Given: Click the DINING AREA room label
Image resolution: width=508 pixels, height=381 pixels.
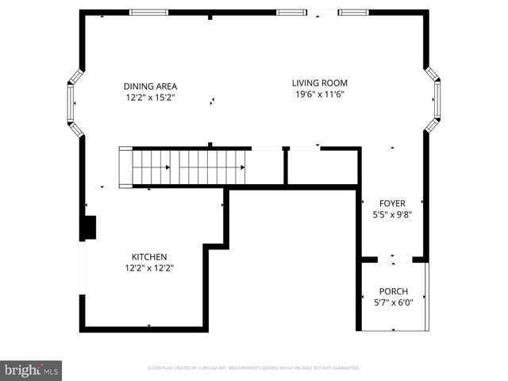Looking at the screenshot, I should (x=150, y=87).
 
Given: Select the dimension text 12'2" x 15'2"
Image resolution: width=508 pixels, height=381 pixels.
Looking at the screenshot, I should (x=150, y=98).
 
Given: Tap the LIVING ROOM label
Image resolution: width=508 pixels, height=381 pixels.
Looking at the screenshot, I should (x=319, y=83).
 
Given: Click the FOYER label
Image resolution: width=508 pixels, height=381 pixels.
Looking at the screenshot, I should (x=392, y=202).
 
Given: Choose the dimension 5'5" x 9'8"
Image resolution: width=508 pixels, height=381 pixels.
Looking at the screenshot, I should (x=392, y=214).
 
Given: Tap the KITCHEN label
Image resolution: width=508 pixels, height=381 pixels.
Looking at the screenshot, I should (x=149, y=256).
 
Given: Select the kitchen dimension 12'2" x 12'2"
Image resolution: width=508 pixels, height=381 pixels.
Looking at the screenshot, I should (x=149, y=267).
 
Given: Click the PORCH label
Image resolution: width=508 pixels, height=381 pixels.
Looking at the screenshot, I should (x=393, y=291).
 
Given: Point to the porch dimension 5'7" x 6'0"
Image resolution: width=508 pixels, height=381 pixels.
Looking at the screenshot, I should (x=393, y=302).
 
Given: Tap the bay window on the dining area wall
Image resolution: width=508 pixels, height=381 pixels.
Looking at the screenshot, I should (x=72, y=102).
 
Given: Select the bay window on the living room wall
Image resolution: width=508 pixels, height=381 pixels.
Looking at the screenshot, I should (x=435, y=99).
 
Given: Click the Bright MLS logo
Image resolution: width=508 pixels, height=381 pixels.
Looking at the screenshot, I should (x=31, y=370).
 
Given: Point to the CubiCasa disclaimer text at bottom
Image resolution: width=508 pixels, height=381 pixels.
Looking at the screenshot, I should (x=254, y=368).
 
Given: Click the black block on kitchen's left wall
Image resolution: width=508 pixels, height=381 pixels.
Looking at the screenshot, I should (x=90, y=227).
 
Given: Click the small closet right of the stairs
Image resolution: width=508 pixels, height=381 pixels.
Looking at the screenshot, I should (x=321, y=167).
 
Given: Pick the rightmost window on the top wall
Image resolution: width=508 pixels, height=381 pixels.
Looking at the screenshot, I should (x=353, y=12).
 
